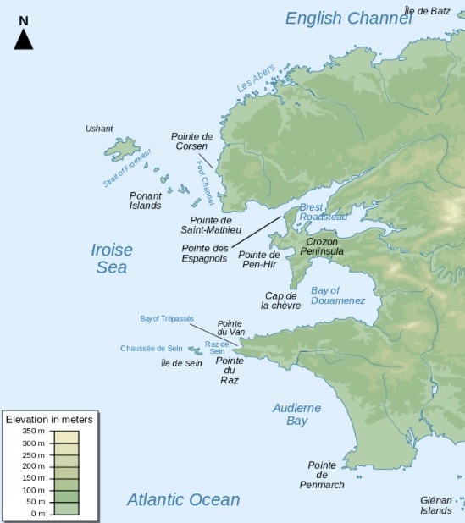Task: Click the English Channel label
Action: tap(347, 18)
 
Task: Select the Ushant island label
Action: tap(98, 129)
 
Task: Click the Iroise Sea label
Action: tap(111, 258)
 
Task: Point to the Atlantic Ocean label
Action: tap(183, 499)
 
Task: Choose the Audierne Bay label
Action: tap(296, 414)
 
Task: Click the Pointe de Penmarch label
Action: tap(322, 475)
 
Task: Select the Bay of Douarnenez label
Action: tap(338, 295)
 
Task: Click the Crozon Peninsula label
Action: tap(323, 246)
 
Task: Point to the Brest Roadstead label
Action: tap(323, 212)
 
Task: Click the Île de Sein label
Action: tap(181, 363)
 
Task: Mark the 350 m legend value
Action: tap(35, 432)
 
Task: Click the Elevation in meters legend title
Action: tap(49, 419)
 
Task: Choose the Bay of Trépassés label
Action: tap(167, 319)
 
